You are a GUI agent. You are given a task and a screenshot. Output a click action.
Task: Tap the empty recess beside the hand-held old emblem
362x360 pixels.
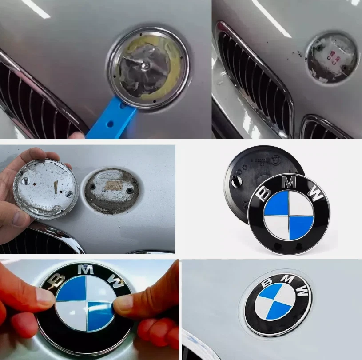point(111,191)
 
